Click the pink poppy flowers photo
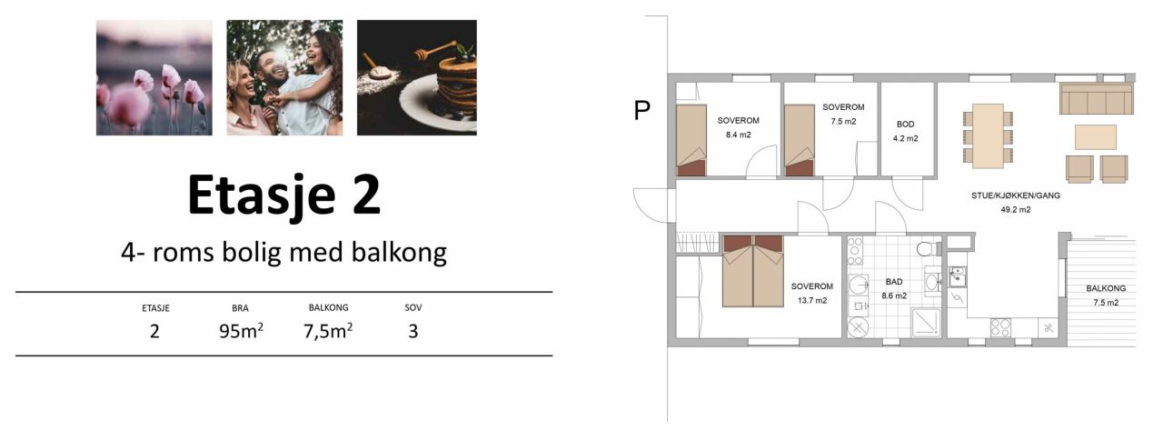pyautogui.click(x=154, y=78)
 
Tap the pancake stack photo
pyautogui.click(x=417, y=78)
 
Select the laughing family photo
pyautogui.click(x=284, y=78)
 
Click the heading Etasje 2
pyautogui.click(x=284, y=195)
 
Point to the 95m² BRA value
pyautogui.click(x=241, y=331)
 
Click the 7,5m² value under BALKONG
pyautogui.click(x=328, y=331)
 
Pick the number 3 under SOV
pyautogui.click(x=413, y=331)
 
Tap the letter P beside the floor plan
pyautogui.click(x=642, y=110)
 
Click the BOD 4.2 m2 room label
pyautogui.click(x=906, y=131)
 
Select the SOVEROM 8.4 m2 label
pyautogui.click(x=739, y=127)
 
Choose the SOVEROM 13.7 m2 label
pyautogui.click(x=812, y=294)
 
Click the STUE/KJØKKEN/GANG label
pyautogui.click(x=1016, y=195)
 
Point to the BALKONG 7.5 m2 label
pyautogui.click(x=1106, y=296)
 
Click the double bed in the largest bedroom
pyautogui.click(x=753, y=271)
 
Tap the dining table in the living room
pyautogui.click(x=988, y=136)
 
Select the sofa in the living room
pyautogui.click(x=1096, y=98)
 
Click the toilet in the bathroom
pyautogui.click(x=929, y=249)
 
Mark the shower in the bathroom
pyautogui.click(x=926, y=323)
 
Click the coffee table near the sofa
pyautogui.click(x=1096, y=137)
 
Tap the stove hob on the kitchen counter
pyautogui.click(x=1000, y=327)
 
